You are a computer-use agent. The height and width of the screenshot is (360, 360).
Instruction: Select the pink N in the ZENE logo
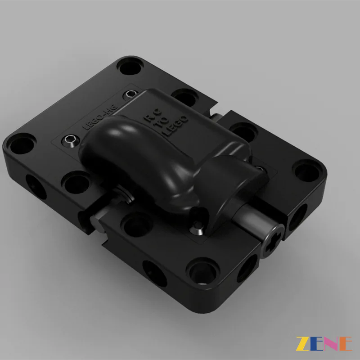pyautogui.click(x=331, y=343)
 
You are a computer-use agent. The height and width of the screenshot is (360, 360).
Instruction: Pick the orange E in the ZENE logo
pyautogui.click(x=345, y=343)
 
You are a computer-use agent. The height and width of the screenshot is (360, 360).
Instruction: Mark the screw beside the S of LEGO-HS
pyautogui.click(x=130, y=94)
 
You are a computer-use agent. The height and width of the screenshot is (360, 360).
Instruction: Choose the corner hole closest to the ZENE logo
pyautogui.click(x=201, y=270)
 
